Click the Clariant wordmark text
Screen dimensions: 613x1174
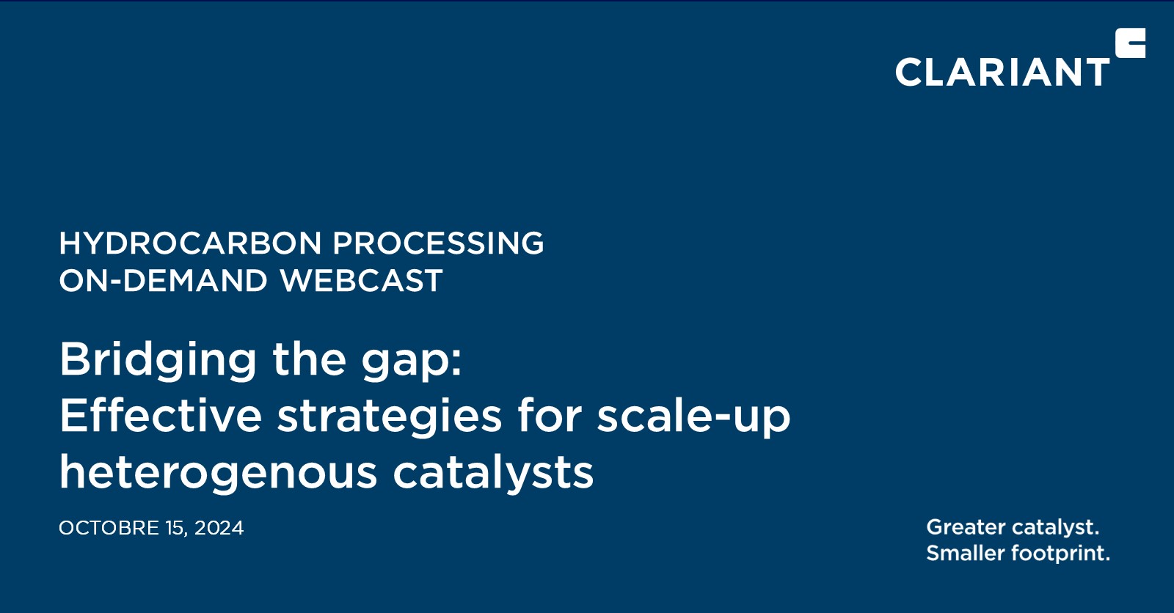pos(1002,73)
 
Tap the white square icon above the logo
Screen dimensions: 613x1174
pos(1130,43)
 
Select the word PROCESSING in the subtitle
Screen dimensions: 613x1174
pos(438,243)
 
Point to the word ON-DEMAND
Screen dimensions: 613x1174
pos(163,281)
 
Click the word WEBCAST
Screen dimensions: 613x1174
pos(361,281)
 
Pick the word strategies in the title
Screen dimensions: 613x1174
pos(389,416)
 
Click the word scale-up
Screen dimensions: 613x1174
pos(693,416)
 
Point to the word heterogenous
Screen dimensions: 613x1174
pos(218,473)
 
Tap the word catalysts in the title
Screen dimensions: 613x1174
pos(493,473)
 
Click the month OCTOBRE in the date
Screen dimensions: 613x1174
pos(109,528)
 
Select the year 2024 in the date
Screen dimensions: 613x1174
pos(219,528)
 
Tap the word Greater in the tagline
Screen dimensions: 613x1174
pos(966,527)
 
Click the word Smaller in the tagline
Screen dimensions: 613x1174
pos(966,553)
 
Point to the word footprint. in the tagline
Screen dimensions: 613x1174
pos(1060,554)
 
